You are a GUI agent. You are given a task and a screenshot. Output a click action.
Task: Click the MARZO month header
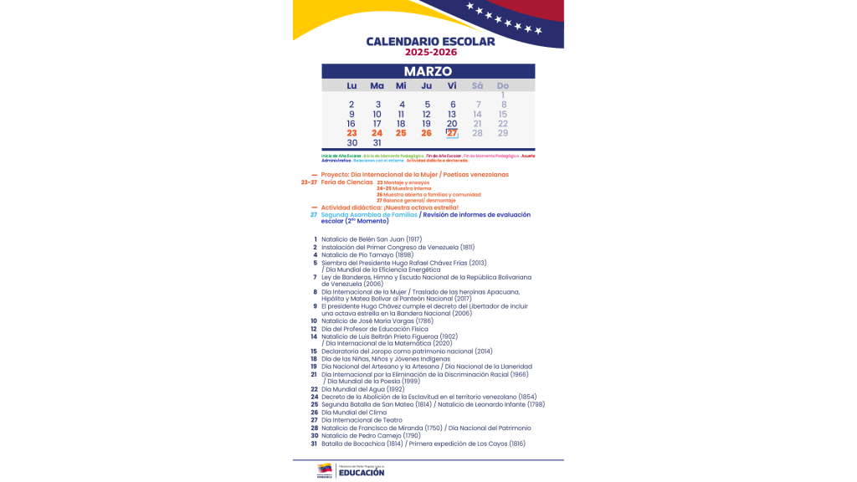[428, 72]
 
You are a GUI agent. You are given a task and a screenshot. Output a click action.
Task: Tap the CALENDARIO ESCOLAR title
[430, 41]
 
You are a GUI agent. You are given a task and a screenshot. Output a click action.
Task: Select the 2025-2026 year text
[431, 53]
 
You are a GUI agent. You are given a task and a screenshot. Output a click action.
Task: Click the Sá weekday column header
[477, 86]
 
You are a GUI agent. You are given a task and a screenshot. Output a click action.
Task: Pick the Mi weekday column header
[401, 86]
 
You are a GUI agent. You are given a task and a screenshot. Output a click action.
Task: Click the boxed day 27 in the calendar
[452, 133]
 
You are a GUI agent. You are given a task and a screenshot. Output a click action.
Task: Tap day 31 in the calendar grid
[377, 143]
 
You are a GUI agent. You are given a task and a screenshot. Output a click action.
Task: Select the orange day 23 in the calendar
[352, 133]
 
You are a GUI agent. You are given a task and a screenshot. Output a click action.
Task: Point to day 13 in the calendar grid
[452, 115]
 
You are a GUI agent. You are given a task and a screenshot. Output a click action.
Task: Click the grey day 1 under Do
[503, 95]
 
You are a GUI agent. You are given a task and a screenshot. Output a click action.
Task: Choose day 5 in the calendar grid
[427, 105]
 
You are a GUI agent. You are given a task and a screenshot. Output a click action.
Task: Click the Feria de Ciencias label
[346, 182]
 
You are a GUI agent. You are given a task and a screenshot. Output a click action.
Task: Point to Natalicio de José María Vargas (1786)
[377, 320]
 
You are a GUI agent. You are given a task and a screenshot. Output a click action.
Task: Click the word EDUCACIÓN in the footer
[362, 473]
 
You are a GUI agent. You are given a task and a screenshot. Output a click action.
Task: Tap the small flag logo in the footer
[325, 470]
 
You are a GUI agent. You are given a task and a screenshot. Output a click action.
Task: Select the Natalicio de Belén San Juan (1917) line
[373, 239]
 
